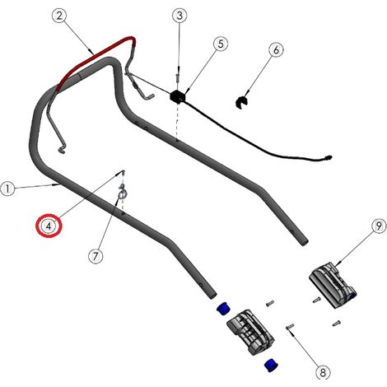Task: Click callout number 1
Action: click(x=7, y=189)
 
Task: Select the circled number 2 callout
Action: click(x=59, y=16)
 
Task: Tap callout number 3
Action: click(x=180, y=16)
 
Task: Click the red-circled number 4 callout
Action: click(x=49, y=226)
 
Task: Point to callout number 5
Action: click(x=221, y=44)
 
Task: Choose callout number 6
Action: click(x=276, y=49)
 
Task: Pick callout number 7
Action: click(x=96, y=256)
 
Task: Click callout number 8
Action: click(x=323, y=372)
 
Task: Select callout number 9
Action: click(x=379, y=226)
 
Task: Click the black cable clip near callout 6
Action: click(x=242, y=102)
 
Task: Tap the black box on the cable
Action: click(x=178, y=96)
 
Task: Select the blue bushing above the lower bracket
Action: click(x=224, y=308)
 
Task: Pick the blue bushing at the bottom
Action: click(x=272, y=365)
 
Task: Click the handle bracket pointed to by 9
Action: click(x=333, y=285)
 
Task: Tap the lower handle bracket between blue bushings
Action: click(x=250, y=332)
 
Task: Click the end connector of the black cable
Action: click(x=328, y=158)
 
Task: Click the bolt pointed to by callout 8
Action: click(x=290, y=326)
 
